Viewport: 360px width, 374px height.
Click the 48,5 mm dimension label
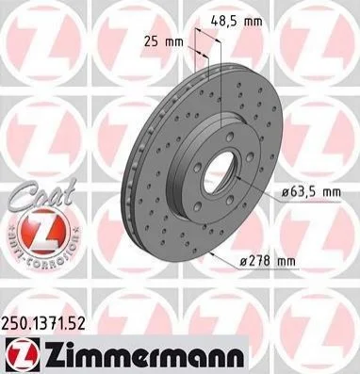pyautogui.click(x=237, y=22)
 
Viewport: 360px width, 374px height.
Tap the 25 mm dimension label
pyautogui.click(x=163, y=41)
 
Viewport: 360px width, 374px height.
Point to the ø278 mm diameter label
pyautogui.click(x=268, y=261)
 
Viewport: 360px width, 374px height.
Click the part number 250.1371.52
pyautogui.click(x=43, y=323)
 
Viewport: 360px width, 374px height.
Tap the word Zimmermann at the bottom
pyautogui.click(x=144, y=355)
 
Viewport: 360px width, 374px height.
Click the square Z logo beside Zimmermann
pyautogui.click(x=23, y=355)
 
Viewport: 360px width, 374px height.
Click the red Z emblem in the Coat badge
pyautogui.click(x=42, y=231)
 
